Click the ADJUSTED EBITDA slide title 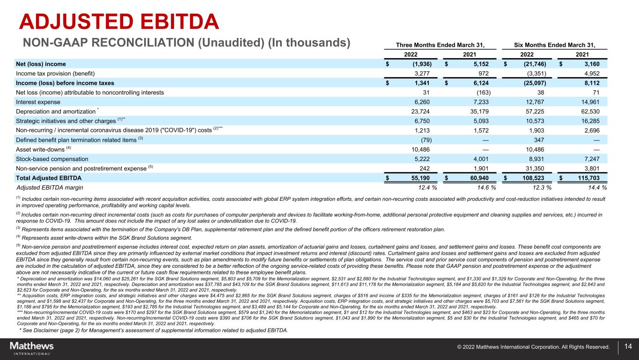119,22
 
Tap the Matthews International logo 32,348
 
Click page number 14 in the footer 628,347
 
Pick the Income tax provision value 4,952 590,73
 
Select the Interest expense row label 38,102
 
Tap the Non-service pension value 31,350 539,169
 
